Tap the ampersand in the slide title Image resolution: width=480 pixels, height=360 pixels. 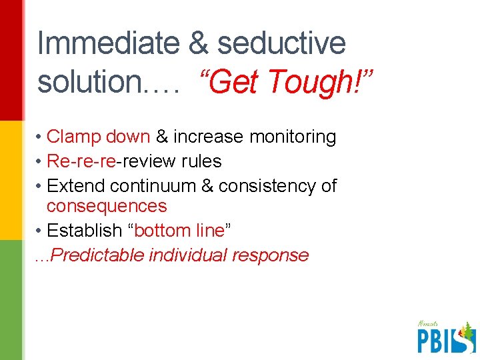(x=198, y=44)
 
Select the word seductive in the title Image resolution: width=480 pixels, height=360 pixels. (x=281, y=44)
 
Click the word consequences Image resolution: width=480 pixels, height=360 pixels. (x=107, y=206)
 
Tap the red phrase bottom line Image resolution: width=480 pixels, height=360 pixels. (x=179, y=231)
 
